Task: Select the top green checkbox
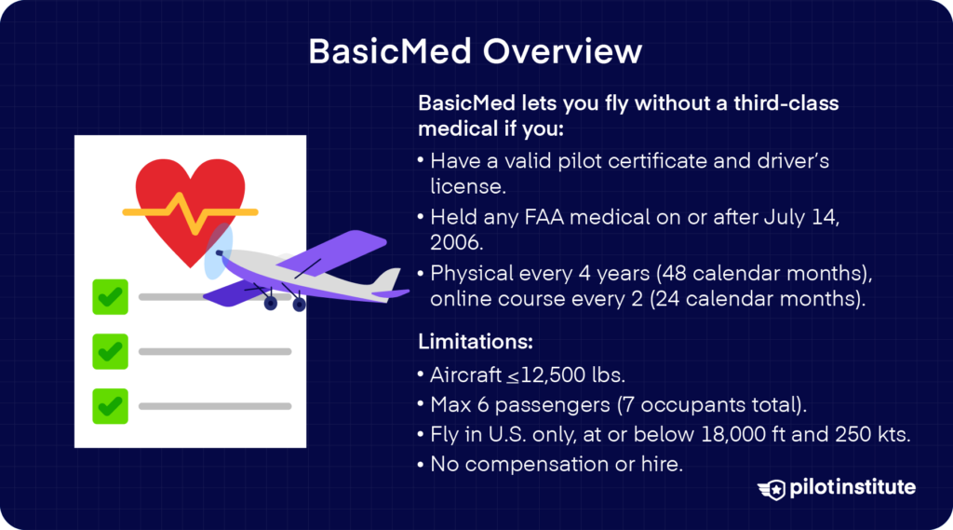(x=110, y=297)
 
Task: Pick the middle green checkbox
(x=110, y=351)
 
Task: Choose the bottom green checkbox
(x=110, y=405)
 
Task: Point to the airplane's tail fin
(x=387, y=279)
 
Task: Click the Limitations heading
(x=476, y=343)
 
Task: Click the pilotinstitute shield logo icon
(x=772, y=488)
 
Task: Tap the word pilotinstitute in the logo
(x=852, y=487)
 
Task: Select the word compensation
(x=527, y=463)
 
